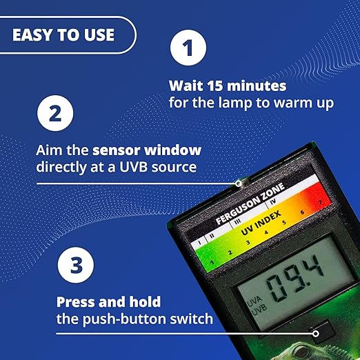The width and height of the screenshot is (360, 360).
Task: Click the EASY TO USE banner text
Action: click(x=63, y=35)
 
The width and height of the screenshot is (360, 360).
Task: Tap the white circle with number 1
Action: click(x=188, y=48)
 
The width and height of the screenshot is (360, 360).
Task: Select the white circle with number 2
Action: click(x=55, y=113)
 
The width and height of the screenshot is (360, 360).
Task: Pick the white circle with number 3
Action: click(x=76, y=265)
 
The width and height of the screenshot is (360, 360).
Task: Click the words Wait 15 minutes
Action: click(x=228, y=86)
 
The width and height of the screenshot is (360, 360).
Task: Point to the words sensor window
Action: click(x=147, y=150)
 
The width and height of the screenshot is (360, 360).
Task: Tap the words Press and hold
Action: click(x=108, y=302)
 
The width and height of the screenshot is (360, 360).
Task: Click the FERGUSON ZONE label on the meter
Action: click(x=250, y=203)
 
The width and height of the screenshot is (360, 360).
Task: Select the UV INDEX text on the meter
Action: click(x=261, y=223)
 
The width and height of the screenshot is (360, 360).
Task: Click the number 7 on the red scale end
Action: click(x=320, y=202)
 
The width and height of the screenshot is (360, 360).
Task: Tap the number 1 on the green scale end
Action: click(x=212, y=262)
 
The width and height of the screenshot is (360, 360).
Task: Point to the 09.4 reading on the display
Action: click(x=295, y=277)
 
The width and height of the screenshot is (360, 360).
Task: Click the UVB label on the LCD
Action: click(x=260, y=308)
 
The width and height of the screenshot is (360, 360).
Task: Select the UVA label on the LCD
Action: click(x=254, y=301)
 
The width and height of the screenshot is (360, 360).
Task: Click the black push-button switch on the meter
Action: click(x=321, y=330)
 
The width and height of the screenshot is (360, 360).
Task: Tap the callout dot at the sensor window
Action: click(x=239, y=183)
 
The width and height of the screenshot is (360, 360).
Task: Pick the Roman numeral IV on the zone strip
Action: click(x=273, y=202)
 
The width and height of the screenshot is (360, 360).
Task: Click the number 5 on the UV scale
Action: click(x=284, y=222)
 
